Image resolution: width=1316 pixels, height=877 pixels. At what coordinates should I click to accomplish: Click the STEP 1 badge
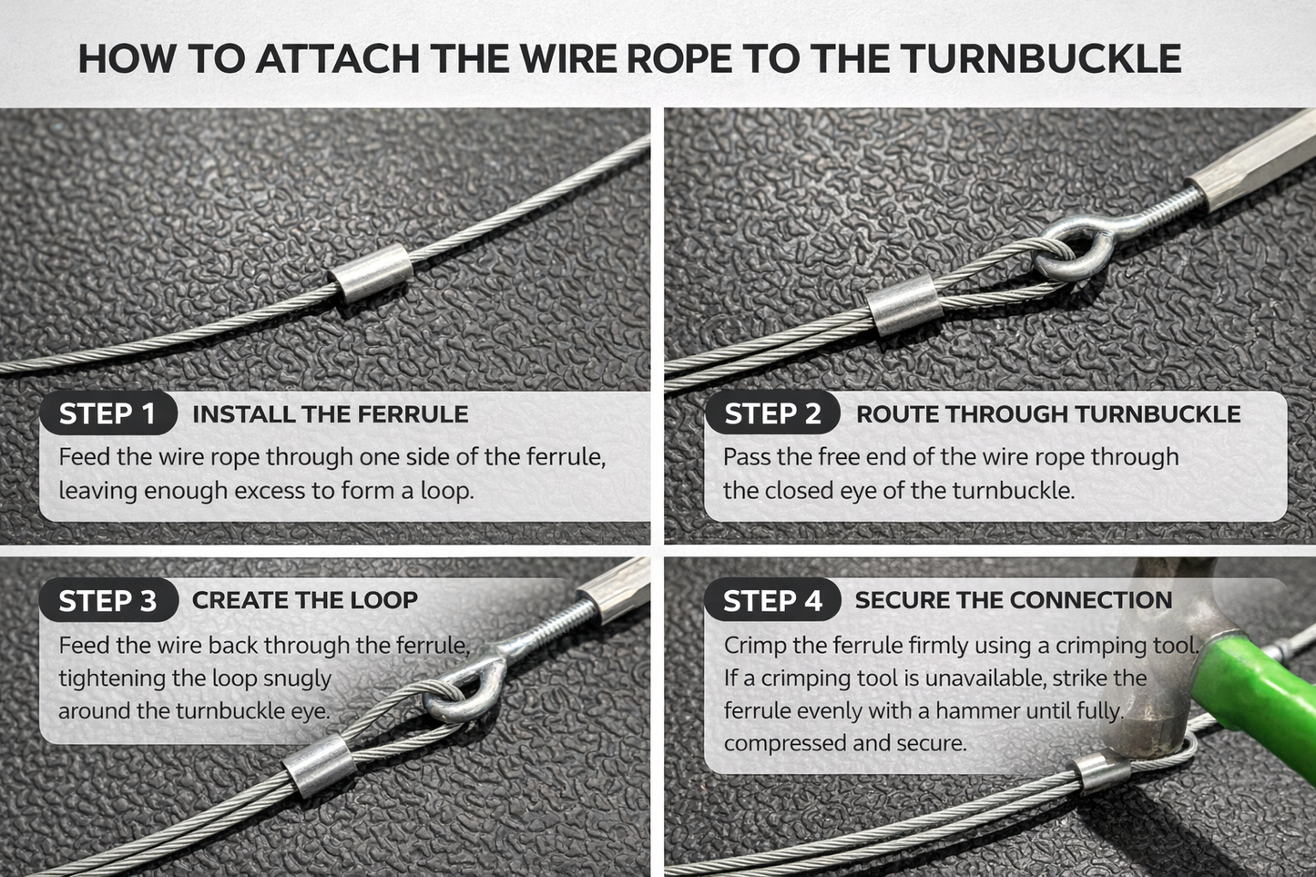(107, 414)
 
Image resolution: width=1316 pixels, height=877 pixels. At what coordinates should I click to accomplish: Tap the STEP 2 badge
(772, 414)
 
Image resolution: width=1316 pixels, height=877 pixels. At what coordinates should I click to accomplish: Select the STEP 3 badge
(107, 601)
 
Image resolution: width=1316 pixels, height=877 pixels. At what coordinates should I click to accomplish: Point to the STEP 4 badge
(772, 601)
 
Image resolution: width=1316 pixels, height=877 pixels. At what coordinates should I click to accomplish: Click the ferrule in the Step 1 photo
(371, 272)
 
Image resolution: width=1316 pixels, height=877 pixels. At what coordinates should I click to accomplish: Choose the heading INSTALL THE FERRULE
(330, 414)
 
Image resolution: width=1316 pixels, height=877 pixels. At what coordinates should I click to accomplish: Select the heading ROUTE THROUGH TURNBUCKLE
(1047, 414)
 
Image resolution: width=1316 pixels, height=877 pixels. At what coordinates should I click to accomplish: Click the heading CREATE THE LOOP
(304, 600)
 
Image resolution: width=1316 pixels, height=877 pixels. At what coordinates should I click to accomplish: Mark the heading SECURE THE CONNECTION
(1013, 600)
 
